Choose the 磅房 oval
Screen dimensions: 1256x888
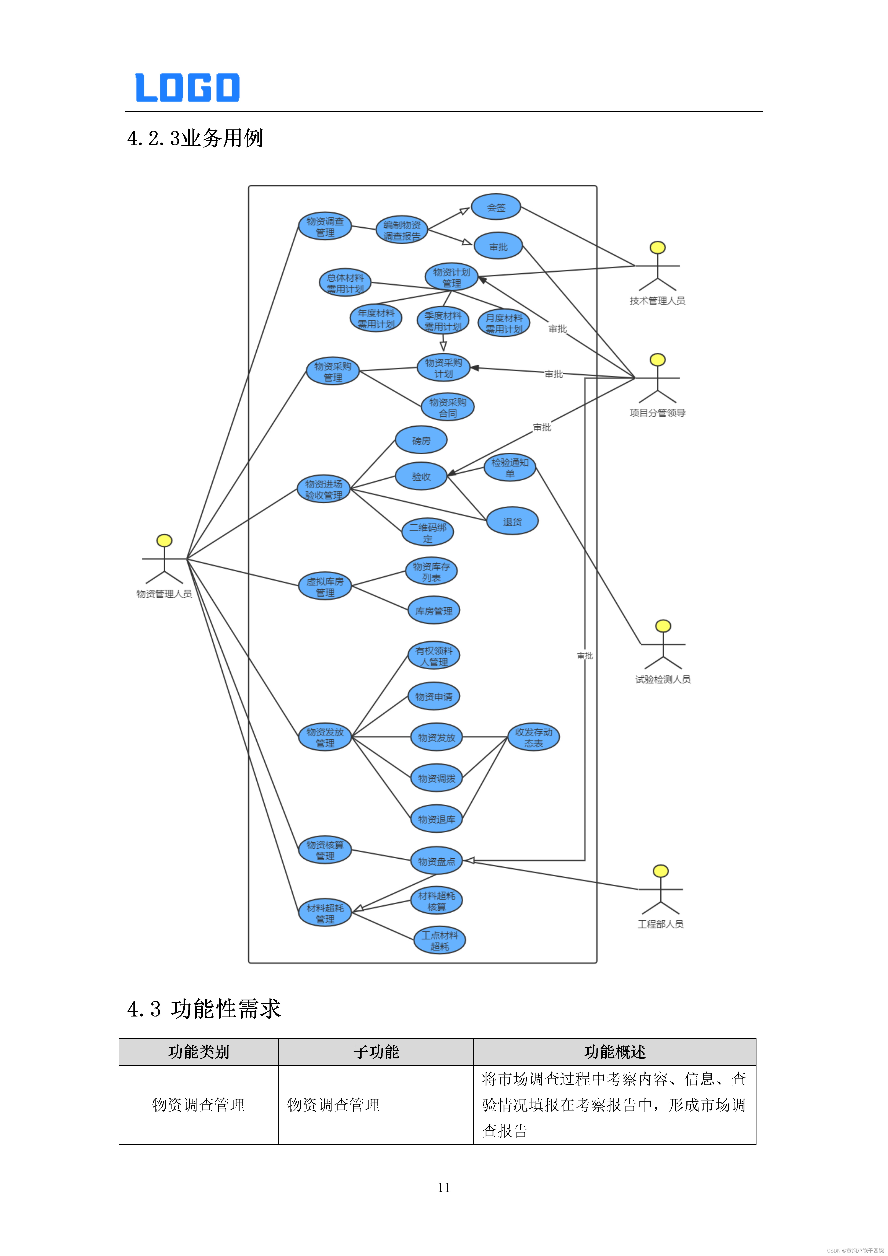(x=421, y=440)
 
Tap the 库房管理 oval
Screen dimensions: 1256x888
(x=434, y=611)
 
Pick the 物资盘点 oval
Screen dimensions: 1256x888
(x=436, y=861)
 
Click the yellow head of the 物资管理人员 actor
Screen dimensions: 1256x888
(x=164, y=540)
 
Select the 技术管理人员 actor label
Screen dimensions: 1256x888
(x=657, y=300)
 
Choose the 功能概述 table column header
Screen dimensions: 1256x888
(x=615, y=1051)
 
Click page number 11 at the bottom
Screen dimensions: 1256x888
(x=443, y=1187)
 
